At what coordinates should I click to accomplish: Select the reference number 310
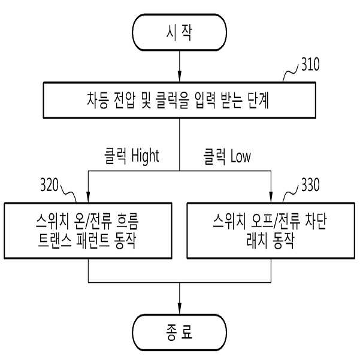click(x=310, y=64)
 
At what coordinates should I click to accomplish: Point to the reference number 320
click(x=49, y=184)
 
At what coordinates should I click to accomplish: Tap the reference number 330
click(x=310, y=184)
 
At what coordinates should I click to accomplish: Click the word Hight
click(x=145, y=156)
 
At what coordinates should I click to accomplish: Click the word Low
click(x=240, y=156)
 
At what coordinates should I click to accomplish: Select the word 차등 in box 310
click(x=98, y=100)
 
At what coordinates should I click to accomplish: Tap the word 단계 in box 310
click(x=258, y=100)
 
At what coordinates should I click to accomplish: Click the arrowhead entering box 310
click(x=180, y=76)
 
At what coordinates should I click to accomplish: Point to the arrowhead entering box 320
click(x=88, y=196)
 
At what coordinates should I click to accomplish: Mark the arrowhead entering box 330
click(x=271, y=196)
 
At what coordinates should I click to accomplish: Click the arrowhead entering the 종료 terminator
click(x=180, y=308)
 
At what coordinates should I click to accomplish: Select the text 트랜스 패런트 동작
click(x=87, y=241)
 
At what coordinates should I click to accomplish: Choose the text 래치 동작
click(x=270, y=241)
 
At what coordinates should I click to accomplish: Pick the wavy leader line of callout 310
click(x=291, y=72)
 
